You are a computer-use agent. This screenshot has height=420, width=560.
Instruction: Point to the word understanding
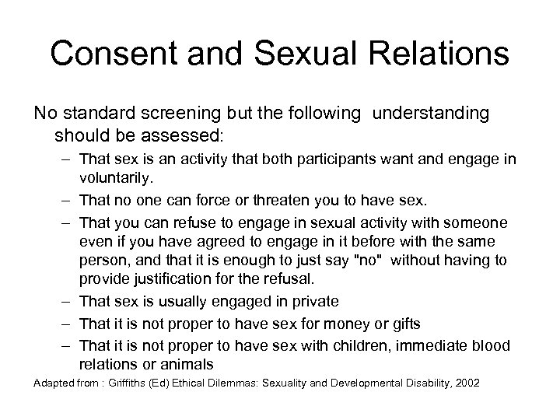tap(431, 114)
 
